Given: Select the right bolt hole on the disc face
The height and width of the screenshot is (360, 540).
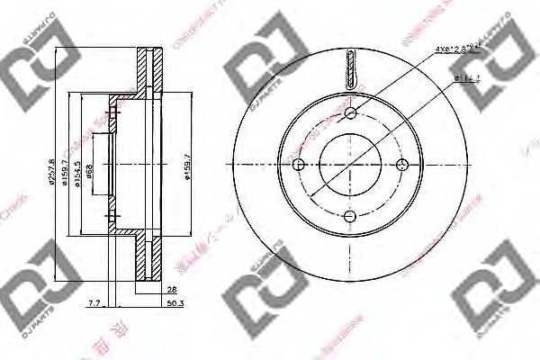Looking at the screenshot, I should coord(401,163).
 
